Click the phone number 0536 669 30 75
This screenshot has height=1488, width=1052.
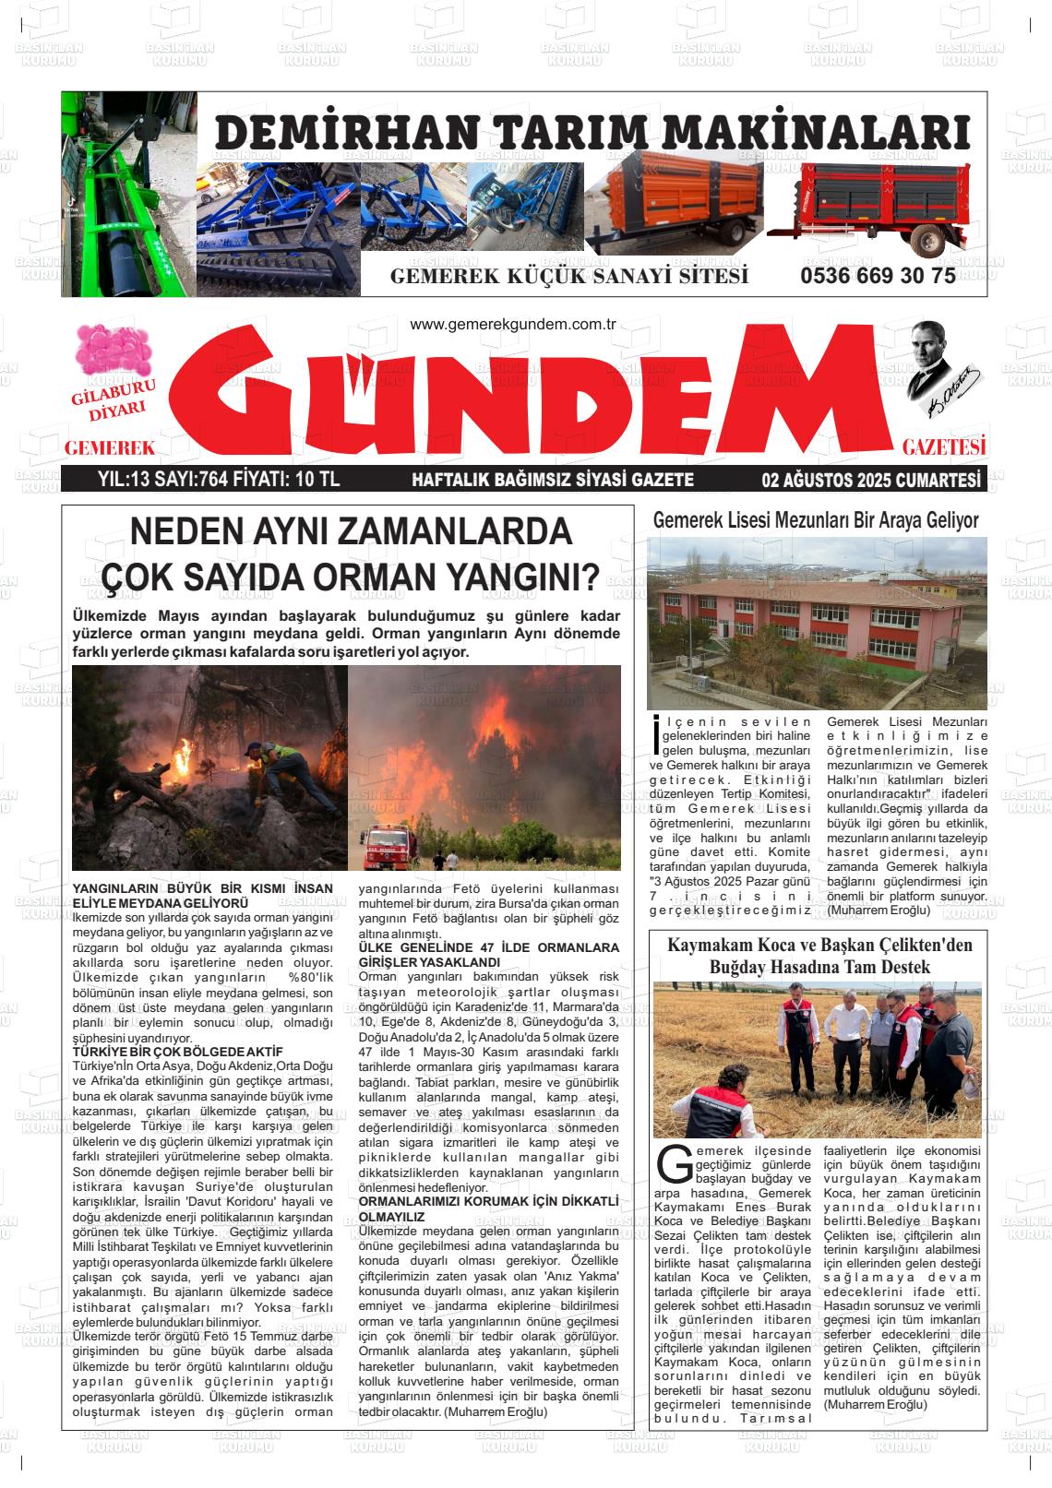[x=878, y=276]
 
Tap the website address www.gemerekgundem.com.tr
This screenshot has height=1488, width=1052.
[x=512, y=324]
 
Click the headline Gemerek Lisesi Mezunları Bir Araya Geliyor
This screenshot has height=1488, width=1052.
[x=816, y=520]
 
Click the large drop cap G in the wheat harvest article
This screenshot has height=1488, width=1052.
[x=674, y=1164]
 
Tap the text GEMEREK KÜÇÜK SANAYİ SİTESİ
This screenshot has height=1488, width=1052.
[x=569, y=277]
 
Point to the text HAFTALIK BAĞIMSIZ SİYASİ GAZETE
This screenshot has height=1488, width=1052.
[x=552, y=480]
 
